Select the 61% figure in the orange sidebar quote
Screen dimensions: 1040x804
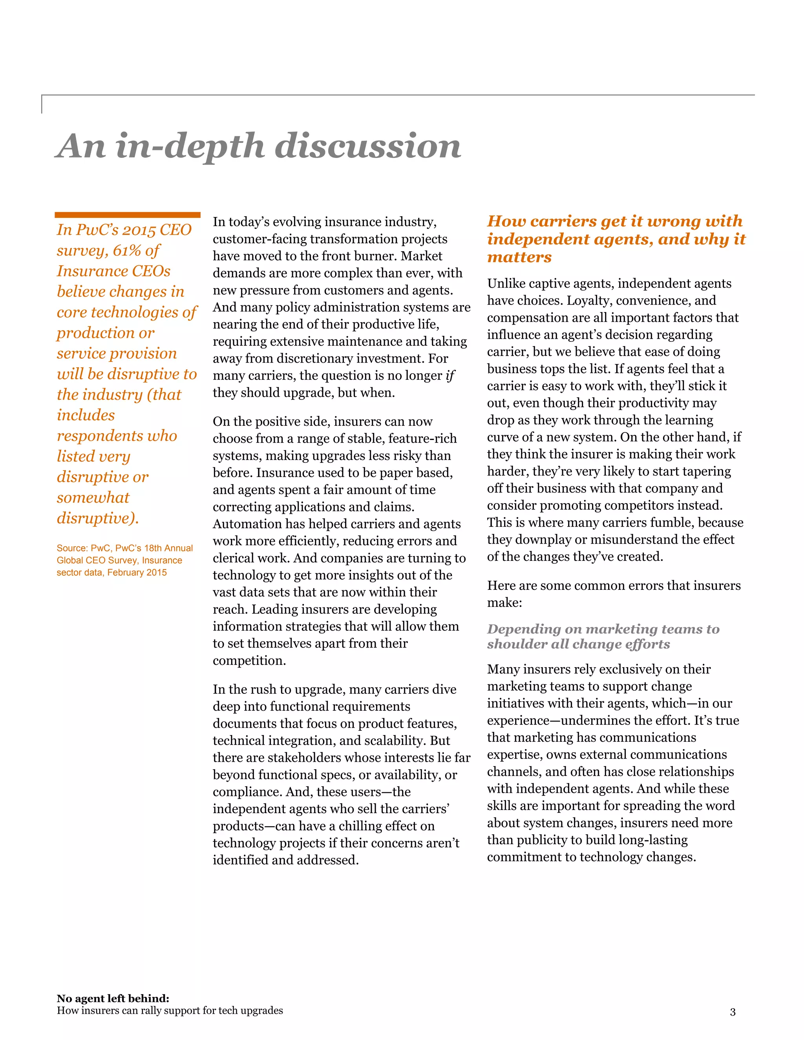coord(125,250)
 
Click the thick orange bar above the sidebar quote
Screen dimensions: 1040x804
coord(127,215)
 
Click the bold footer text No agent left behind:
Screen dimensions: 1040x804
coord(113,998)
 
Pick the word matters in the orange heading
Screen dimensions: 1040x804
coord(519,257)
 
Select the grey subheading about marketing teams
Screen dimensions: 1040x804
coord(603,636)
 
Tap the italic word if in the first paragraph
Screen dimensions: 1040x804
coord(450,376)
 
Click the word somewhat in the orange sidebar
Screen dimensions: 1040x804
coord(93,497)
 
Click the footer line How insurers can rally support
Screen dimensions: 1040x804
coord(170,1011)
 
